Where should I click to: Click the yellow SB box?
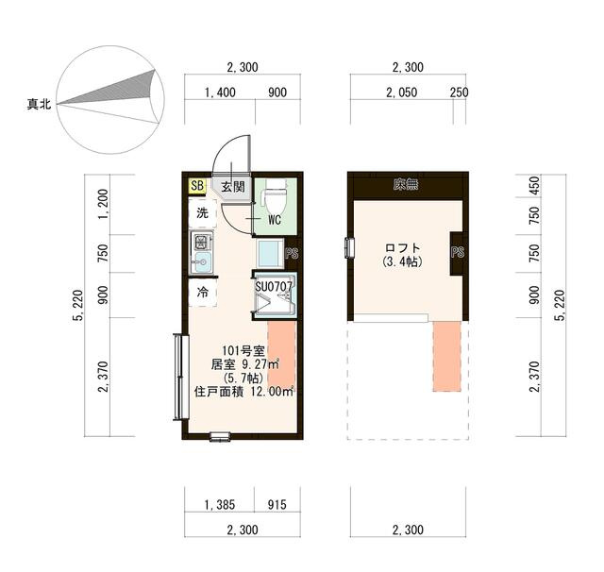click(197, 186)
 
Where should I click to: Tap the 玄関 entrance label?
click(233, 187)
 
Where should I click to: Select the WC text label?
click(275, 220)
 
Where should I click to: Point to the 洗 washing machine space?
click(203, 213)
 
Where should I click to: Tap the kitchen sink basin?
click(201, 262)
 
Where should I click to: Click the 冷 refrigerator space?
click(203, 293)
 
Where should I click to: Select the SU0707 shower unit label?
click(275, 286)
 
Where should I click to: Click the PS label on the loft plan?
click(458, 253)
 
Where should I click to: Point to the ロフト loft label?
click(403, 247)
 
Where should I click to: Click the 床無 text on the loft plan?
click(406, 185)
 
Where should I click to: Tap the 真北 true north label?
click(39, 104)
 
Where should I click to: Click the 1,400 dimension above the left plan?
click(220, 93)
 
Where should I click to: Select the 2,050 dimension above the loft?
click(401, 93)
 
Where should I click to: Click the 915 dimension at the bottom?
click(277, 505)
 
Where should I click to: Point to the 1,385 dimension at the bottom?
click(220, 505)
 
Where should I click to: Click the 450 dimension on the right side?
click(535, 185)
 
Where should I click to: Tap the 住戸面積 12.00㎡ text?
click(244, 392)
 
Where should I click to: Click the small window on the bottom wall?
click(220, 436)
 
